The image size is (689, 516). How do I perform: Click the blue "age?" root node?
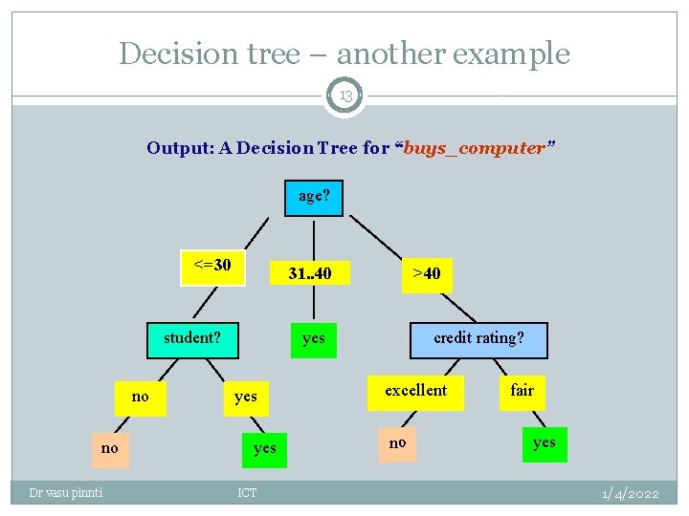coord(314,196)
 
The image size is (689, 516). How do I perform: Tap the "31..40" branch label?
coord(310,274)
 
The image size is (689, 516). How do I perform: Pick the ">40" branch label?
coord(427,274)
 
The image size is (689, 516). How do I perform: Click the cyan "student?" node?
coord(192,338)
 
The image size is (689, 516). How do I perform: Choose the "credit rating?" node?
coord(478,338)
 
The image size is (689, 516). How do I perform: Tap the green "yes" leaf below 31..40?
coord(313,338)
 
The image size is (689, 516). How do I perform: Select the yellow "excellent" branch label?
coord(416,391)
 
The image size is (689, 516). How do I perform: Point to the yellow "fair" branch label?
coord(522,391)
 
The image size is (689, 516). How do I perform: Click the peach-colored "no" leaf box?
coord(110,448)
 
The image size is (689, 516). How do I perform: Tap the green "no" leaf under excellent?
coord(397,443)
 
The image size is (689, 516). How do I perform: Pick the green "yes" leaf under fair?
coord(544,443)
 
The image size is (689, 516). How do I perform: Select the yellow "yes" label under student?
coord(246,397)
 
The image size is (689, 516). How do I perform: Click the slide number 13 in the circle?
coord(344,96)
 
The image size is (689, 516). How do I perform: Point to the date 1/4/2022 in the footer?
coord(630,493)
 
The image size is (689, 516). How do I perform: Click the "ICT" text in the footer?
coord(247,493)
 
